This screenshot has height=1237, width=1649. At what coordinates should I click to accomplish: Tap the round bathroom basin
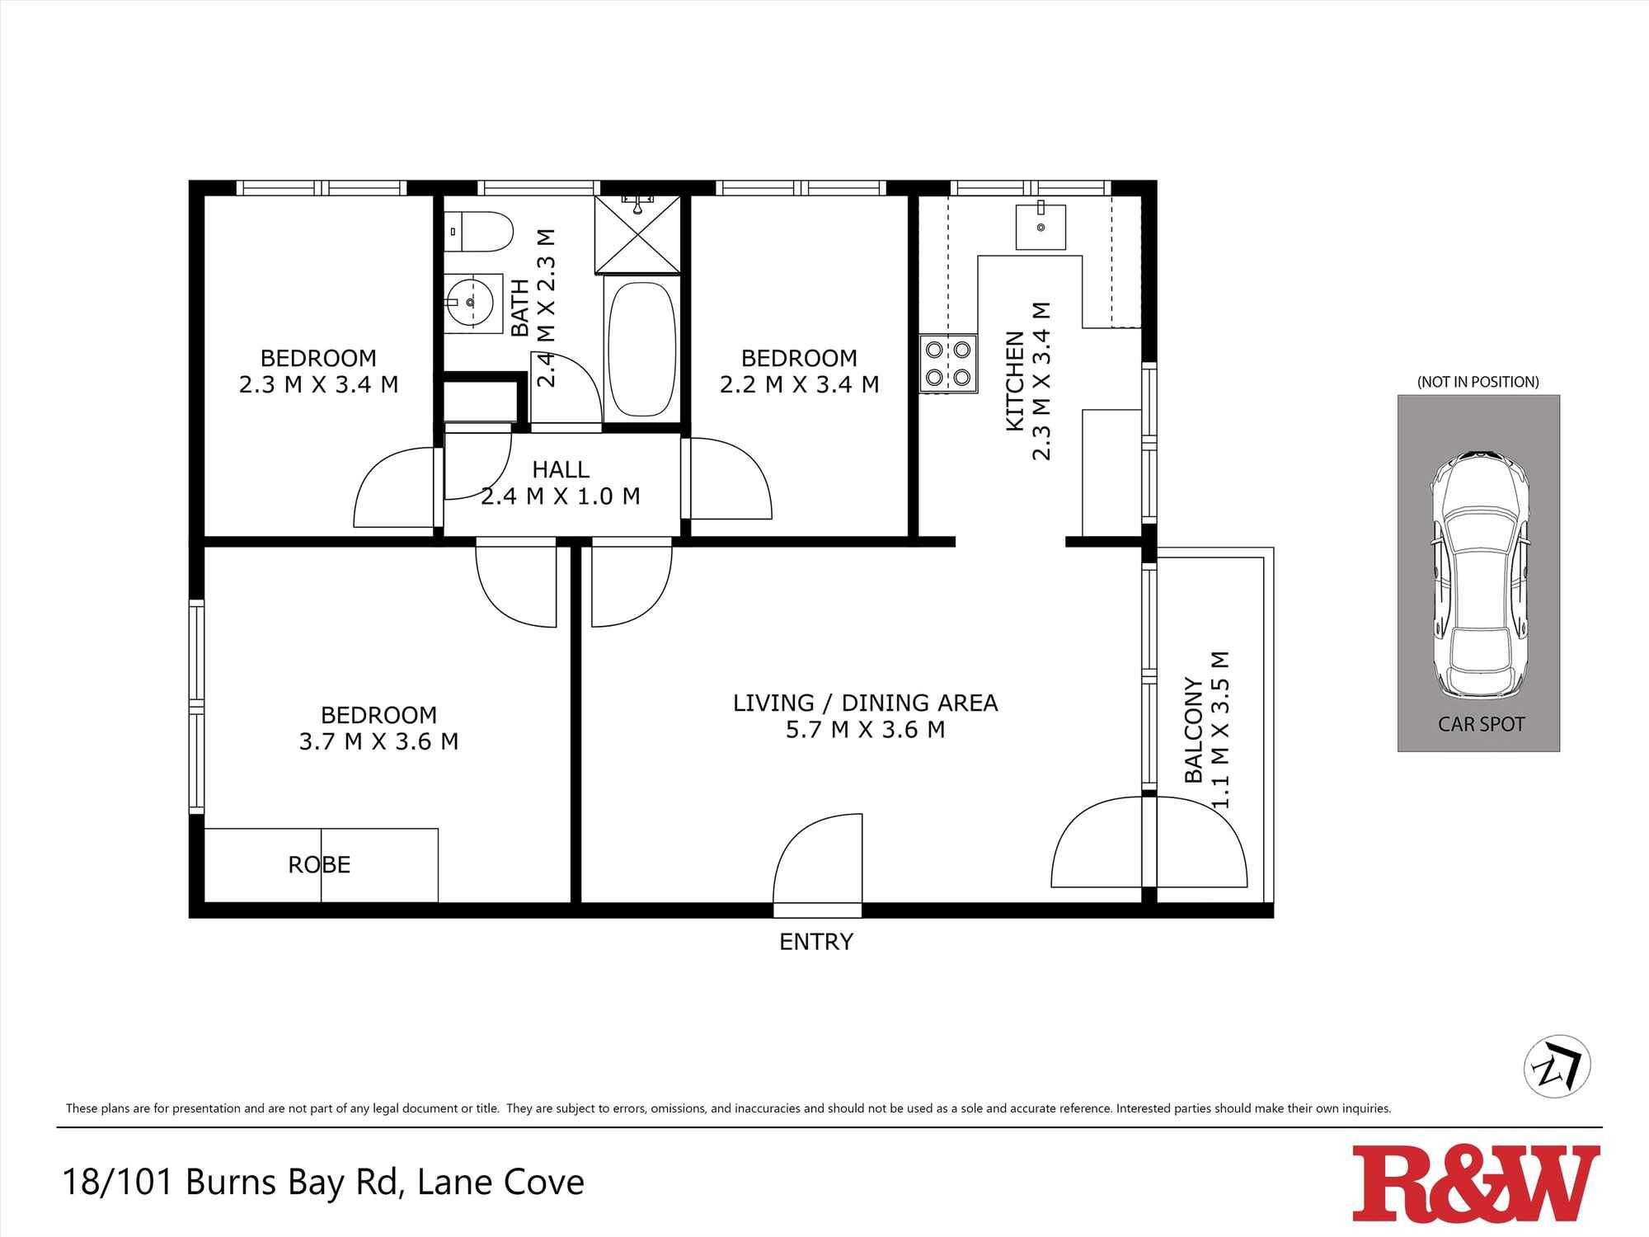click(x=471, y=303)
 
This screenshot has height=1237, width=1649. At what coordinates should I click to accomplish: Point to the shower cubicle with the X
click(x=638, y=233)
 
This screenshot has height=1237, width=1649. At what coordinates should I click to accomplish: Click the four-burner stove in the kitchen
click(x=948, y=363)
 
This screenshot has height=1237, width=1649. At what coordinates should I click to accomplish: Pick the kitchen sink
click(x=1041, y=227)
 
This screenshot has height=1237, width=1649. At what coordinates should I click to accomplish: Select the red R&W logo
click(x=1475, y=1183)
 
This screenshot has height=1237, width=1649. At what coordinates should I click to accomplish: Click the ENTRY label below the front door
click(x=816, y=942)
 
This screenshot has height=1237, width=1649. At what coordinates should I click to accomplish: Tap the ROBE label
click(x=319, y=865)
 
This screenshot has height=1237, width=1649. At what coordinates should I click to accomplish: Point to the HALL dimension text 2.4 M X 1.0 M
click(x=561, y=496)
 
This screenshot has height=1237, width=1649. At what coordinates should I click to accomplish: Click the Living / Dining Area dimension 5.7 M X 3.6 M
click(x=865, y=730)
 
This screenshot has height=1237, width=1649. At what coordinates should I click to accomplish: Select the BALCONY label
click(x=1193, y=730)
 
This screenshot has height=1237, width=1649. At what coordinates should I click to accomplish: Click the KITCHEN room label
click(x=1015, y=381)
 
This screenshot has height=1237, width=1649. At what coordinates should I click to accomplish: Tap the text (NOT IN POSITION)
click(x=1478, y=382)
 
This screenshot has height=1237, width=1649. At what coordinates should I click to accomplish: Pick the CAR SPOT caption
click(x=1481, y=724)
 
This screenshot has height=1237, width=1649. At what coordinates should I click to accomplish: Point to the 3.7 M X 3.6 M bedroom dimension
click(x=378, y=741)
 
